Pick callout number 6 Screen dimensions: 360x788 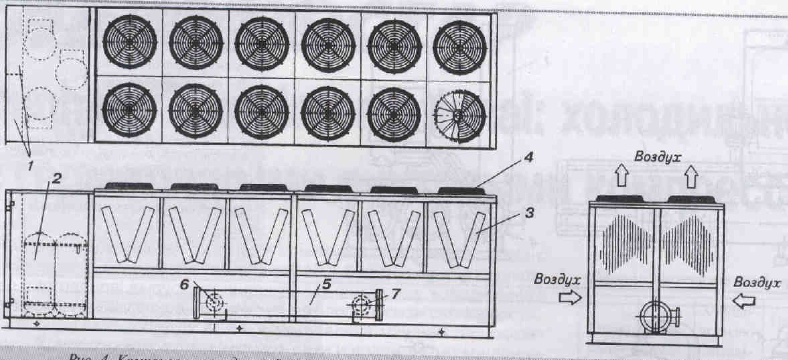click(184, 284)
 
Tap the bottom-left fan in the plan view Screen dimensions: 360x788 click(130, 109)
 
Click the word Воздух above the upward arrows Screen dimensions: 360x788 click(658, 157)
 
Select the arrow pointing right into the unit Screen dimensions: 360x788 click(570, 298)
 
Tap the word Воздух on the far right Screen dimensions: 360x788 click(757, 282)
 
